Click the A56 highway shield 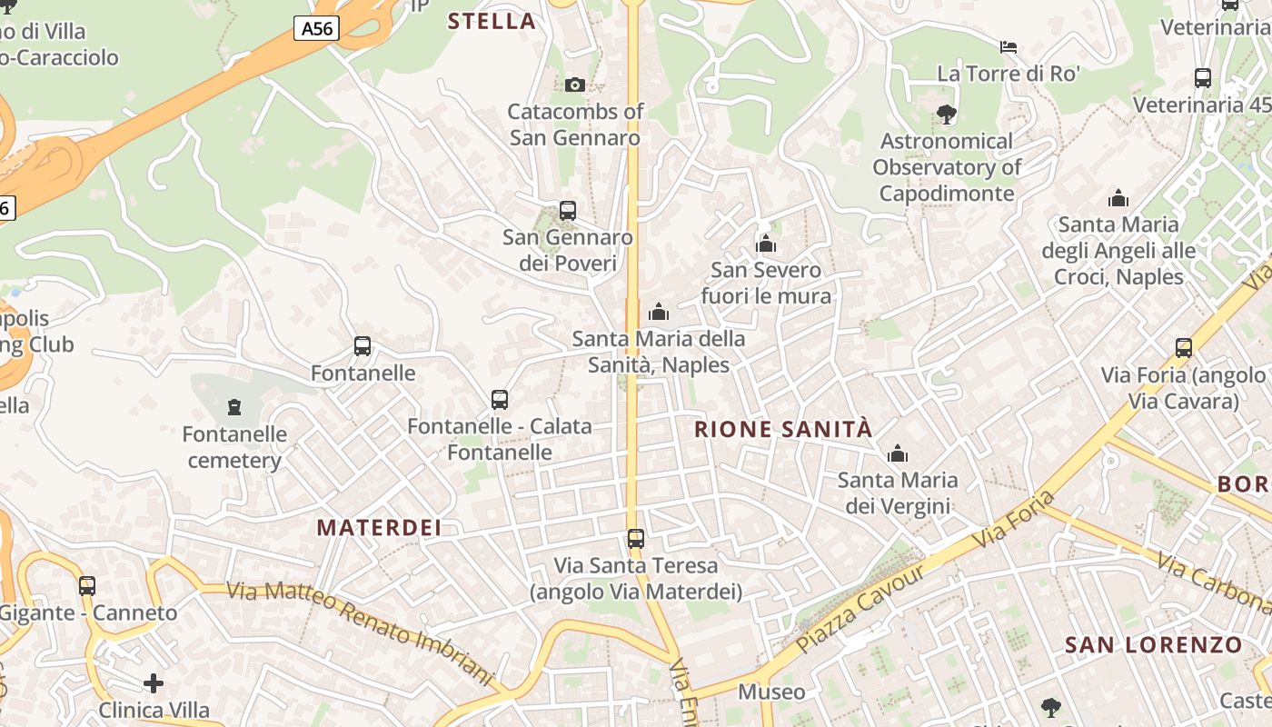(x=316, y=29)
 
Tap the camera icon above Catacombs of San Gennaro (x=575, y=85)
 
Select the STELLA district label (x=492, y=22)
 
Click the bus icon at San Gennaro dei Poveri (x=568, y=211)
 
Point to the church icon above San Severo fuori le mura (x=766, y=244)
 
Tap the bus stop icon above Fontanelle (x=363, y=346)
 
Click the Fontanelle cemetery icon (x=234, y=406)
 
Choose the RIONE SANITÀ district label (x=783, y=430)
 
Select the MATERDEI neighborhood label (x=379, y=527)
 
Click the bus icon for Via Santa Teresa (x=636, y=539)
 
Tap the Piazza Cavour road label (x=860, y=609)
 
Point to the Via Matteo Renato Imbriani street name (x=360, y=634)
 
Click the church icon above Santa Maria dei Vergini (x=898, y=453)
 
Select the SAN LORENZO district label (x=1153, y=645)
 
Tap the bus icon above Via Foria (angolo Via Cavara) (x=1184, y=347)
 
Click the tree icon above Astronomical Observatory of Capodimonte (x=947, y=114)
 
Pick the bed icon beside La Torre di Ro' (x=1009, y=46)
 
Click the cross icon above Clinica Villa (x=154, y=682)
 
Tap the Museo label (x=771, y=692)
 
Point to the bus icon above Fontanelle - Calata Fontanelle (x=500, y=399)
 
